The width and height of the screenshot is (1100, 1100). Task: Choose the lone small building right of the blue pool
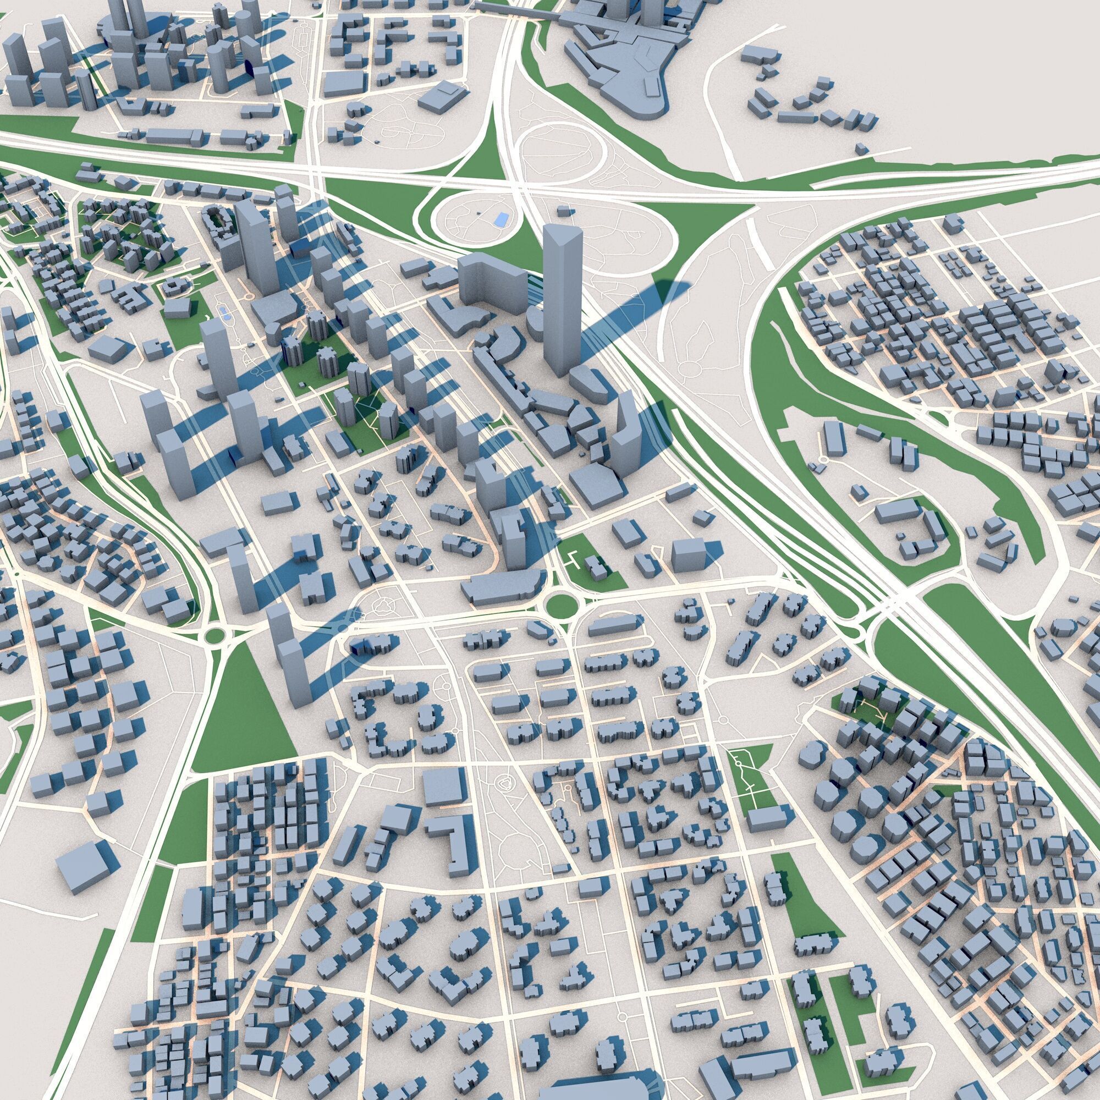click(564, 212)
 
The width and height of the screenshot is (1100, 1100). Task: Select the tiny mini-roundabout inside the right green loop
click(822, 459)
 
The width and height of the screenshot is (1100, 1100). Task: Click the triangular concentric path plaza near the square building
click(504, 787)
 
